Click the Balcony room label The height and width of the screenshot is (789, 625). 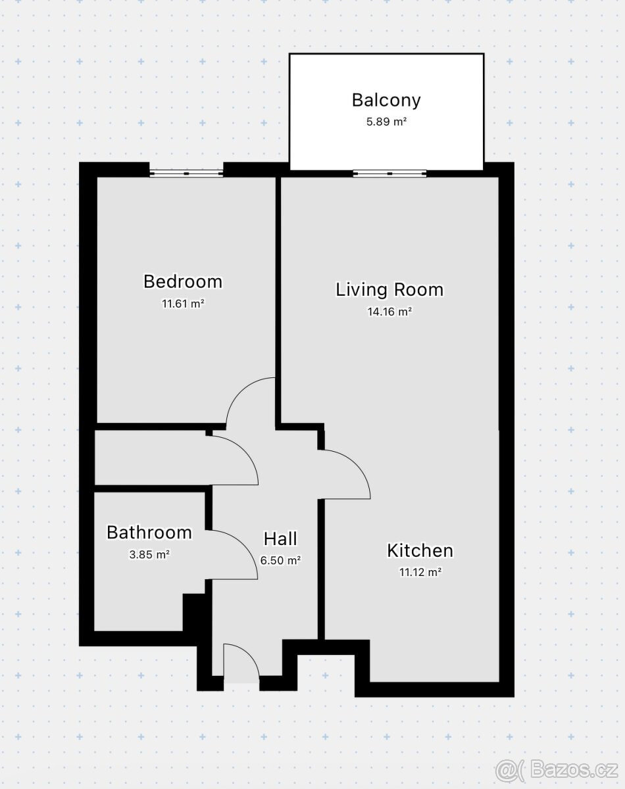coord(386,101)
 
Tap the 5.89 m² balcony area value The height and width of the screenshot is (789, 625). coord(386,122)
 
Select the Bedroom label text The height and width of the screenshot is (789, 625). coord(183,281)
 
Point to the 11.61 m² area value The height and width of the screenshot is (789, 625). coord(183,304)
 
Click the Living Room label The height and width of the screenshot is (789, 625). coord(389,290)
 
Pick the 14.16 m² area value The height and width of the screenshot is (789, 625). coord(389,312)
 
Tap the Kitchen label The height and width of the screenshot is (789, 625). coord(420,551)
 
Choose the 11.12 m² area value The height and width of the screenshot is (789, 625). coord(420,572)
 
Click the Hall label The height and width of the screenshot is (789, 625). coord(280,539)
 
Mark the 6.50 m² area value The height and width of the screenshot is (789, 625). coord(281,560)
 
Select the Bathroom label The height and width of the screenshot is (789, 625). coord(149,533)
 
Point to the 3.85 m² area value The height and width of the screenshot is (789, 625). coord(149,554)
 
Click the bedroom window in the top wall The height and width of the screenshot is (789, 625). coord(186,174)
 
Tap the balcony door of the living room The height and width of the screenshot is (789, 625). coord(389,174)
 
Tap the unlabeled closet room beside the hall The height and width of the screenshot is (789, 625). coord(151,458)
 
